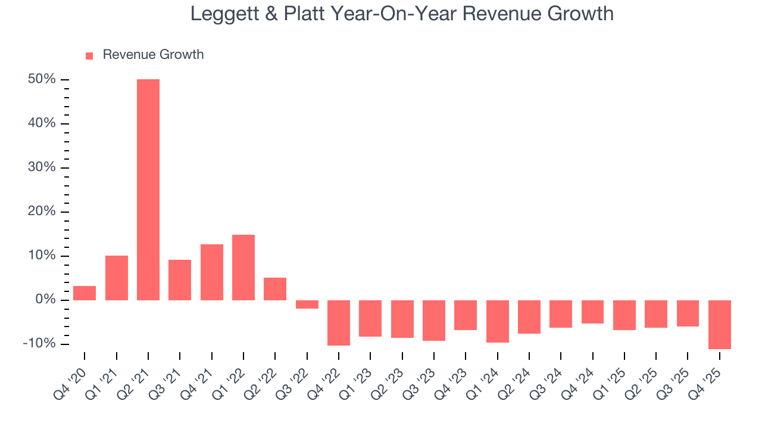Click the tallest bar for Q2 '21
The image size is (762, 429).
(148, 189)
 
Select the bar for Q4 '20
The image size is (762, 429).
(85, 293)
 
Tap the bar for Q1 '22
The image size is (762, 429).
(243, 268)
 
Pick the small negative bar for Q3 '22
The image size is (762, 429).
(307, 304)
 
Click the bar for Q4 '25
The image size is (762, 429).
(719, 324)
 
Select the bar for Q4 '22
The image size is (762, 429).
(339, 322)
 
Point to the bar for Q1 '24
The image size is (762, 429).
(498, 321)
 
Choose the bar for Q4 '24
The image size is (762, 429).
(592, 312)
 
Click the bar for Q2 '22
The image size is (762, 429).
(275, 289)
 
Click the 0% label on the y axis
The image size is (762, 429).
(45, 300)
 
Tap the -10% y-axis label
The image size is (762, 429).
(40, 344)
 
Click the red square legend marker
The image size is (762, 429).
(89, 55)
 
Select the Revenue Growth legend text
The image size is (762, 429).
(153, 55)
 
